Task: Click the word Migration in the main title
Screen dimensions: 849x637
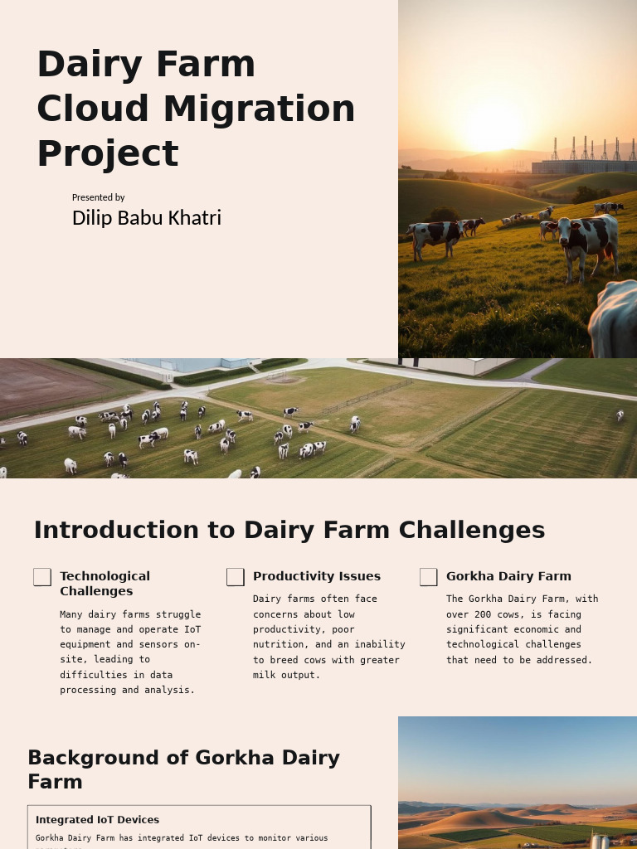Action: pyautogui.click(x=259, y=109)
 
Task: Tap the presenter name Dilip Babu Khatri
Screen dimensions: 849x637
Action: pyautogui.click(x=146, y=217)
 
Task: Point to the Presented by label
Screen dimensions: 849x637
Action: pyautogui.click(x=98, y=197)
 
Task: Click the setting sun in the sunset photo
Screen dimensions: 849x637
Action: pyautogui.click(x=493, y=126)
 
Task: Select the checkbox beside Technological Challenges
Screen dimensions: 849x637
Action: pyautogui.click(x=42, y=577)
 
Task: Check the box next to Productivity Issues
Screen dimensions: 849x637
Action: pyautogui.click(x=236, y=577)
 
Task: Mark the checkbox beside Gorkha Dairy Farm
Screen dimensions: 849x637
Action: pyautogui.click(x=429, y=577)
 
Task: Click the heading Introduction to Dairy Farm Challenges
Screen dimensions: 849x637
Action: pyautogui.click(x=289, y=530)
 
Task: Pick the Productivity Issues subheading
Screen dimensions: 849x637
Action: pyautogui.click(x=316, y=576)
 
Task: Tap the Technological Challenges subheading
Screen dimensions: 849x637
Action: pyautogui.click(x=105, y=584)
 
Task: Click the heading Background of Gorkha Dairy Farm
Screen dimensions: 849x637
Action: pyautogui.click(x=183, y=769)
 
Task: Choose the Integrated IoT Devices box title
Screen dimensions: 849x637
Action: pyautogui.click(x=97, y=820)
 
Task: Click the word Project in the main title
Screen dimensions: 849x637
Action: pyautogui.click(x=108, y=153)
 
